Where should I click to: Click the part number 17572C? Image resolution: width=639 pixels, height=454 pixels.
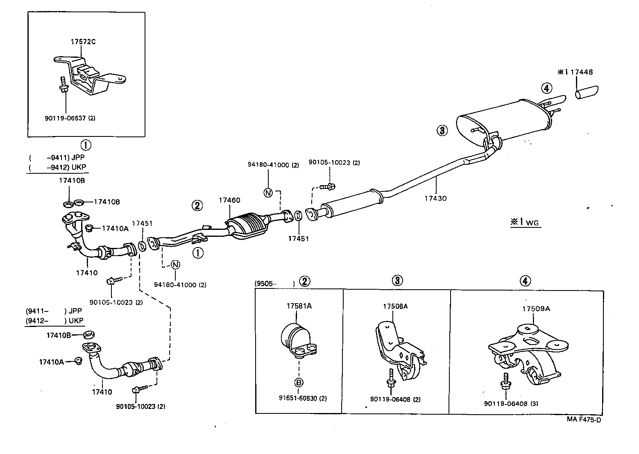click(83, 42)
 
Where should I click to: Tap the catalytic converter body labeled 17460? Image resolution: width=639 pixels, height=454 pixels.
click(248, 226)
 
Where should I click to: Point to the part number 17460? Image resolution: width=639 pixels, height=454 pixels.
click(229, 200)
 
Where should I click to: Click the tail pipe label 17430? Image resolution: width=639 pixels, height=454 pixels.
click(435, 198)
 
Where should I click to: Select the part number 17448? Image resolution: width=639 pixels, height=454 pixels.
click(581, 72)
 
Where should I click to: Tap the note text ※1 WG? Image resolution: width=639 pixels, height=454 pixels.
click(524, 222)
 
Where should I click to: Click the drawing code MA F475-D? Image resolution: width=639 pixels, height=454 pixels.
click(584, 419)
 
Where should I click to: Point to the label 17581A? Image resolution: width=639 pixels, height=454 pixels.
click(299, 306)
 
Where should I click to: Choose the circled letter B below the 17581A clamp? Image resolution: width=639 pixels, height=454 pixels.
click(299, 383)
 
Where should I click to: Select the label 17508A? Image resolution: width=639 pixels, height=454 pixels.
click(395, 306)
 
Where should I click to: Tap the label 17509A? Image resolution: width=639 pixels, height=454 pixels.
click(535, 309)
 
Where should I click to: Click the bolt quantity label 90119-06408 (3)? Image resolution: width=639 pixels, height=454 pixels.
click(511, 403)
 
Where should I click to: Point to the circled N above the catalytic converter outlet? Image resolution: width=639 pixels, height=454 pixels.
click(268, 192)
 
